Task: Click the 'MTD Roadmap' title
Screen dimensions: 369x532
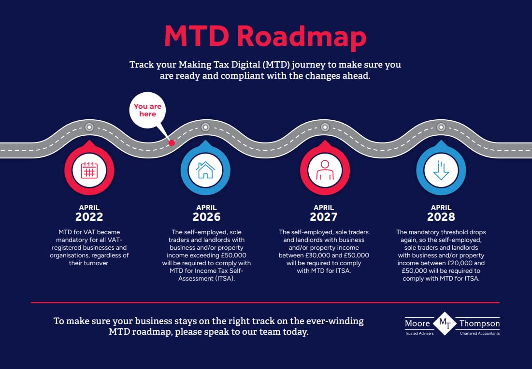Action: pyautogui.click(x=265, y=37)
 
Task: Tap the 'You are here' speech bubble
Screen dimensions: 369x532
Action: pyautogui.click(x=148, y=110)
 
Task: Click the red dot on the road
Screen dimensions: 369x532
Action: pyautogui.click(x=171, y=142)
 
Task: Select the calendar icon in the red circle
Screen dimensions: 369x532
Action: pyautogui.click(x=89, y=170)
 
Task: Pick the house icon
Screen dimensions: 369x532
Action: pyautogui.click(x=205, y=170)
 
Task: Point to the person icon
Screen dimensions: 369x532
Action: pyautogui.click(x=324, y=170)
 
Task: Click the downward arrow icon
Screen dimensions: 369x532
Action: pyautogui.click(x=441, y=170)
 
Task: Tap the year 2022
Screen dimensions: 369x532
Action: pyautogui.click(x=89, y=217)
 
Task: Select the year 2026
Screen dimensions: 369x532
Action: pyautogui.click(x=206, y=217)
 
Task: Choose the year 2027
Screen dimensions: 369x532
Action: pyautogui.click(x=324, y=217)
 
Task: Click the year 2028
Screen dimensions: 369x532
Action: pyautogui.click(x=441, y=217)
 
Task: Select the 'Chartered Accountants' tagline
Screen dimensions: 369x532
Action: pyautogui.click(x=479, y=333)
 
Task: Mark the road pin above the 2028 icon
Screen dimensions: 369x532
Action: pyautogui.click(x=441, y=128)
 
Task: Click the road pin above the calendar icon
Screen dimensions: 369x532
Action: pyautogui.click(x=89, y=128)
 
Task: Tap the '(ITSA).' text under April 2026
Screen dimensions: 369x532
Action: pyautogui.click(x=224, y=279)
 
